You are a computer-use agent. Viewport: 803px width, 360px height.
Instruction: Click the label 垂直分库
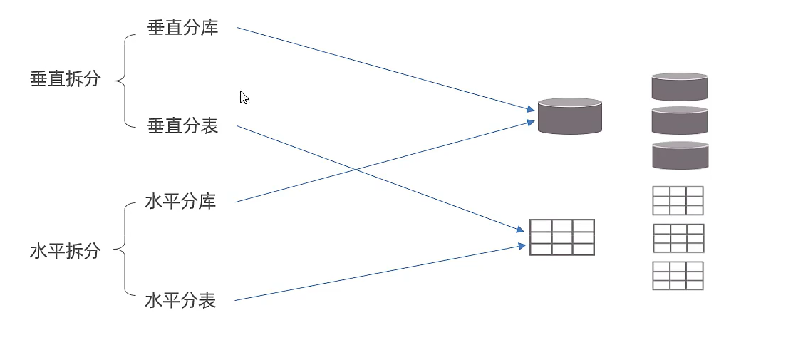pos(183,28)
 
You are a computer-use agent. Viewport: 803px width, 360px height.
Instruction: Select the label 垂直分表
pos(183,125)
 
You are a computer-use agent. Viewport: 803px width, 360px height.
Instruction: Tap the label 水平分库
pos(181,201)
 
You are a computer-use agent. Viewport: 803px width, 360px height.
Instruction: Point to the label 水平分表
pos(181,300)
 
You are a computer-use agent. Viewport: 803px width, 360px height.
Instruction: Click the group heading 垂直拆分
pos(65,79)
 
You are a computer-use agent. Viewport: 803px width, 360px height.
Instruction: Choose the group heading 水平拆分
pos(65,252)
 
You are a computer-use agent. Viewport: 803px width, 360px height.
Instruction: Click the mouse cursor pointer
pos(244,97)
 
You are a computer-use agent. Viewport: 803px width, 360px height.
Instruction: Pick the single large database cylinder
pos(570,116)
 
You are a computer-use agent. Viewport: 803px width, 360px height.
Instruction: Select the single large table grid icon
pos(561,237)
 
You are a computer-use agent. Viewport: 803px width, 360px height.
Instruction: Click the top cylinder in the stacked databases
pos(680,86)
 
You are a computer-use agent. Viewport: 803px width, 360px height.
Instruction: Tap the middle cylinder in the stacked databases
pos(680,120)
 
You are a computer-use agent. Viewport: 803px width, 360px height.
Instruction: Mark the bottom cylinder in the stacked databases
pos(680,155)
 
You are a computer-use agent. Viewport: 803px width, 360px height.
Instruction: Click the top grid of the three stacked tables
pos(678,201)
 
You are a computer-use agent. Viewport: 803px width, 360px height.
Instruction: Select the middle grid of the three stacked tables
pos(678,238)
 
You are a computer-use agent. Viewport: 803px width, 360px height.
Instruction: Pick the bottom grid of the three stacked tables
pos(678,275)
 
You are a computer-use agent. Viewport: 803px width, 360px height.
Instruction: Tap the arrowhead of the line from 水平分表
pos(523,247)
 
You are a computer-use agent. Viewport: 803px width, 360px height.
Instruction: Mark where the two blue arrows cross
pos(355,170)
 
